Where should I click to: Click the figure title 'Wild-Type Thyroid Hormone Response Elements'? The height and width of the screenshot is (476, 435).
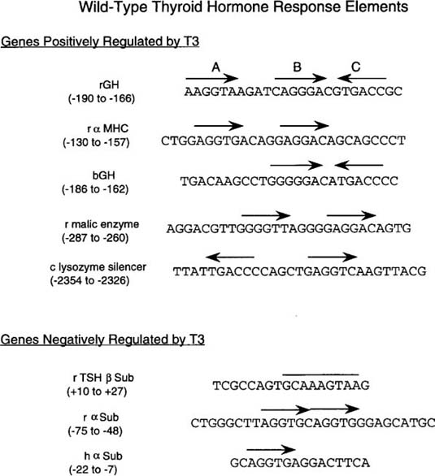click(x=244, y=7)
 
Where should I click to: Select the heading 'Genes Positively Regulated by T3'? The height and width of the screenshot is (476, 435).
click(x=100, y=41)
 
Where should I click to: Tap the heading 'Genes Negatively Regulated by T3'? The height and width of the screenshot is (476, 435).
click(x=102, y=340)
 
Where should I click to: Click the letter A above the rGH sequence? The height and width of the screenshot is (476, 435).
click(x=215, y=67)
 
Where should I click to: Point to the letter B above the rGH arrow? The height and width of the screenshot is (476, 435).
click(x=297, y=67)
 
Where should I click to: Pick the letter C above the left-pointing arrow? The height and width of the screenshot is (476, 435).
click(x=355, y=67)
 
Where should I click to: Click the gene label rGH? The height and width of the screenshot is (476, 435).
click(x=109, y=84)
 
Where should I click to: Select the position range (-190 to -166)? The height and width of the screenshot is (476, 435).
click(x=102, y=98)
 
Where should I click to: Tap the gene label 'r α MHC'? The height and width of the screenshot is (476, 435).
click(x=108, y=128)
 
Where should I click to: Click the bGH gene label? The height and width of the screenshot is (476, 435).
click(x=103, y=175)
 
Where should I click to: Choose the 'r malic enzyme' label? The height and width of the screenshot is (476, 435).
click(x=102, y=225)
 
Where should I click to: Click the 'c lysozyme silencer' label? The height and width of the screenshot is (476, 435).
click(x=98, y=267)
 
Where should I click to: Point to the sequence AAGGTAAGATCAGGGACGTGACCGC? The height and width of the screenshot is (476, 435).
click(x=294, y=91)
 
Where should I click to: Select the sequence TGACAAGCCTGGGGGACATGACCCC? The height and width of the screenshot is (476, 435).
click(x=289, y=181)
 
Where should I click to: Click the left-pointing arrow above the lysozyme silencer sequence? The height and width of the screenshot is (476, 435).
click(x=230, y=257)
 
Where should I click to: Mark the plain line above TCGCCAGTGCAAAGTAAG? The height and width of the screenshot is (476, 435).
click(x=321, y=374)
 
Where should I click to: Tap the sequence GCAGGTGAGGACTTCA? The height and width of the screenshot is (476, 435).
click(x=300, y=463)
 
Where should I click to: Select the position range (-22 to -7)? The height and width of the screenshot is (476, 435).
click(x=94, y=470)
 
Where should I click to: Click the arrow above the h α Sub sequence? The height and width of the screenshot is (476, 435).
click(x=271, y=449)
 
